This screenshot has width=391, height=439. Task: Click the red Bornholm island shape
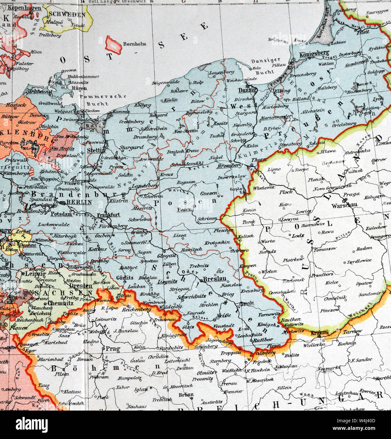114,44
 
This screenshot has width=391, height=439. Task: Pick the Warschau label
344,205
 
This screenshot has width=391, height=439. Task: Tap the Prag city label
111,349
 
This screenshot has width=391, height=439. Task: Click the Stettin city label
96,150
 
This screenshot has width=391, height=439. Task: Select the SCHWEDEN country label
67,15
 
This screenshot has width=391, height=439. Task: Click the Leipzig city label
33,274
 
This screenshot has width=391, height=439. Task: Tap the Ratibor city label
263,340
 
